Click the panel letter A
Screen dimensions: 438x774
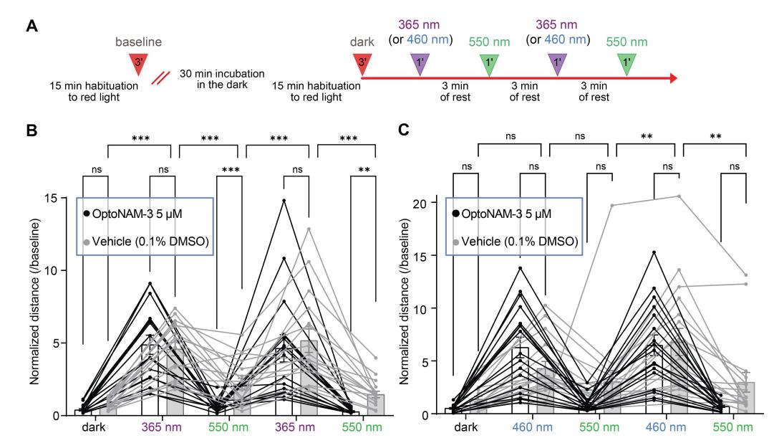[x=32, y=27]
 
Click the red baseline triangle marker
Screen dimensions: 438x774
[x=140, y=63]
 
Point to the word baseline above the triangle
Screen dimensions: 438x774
[x=140, y=42]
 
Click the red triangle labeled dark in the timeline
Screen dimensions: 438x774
[x=362, y=63]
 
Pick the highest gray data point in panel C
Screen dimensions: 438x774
[x=678, y=196]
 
